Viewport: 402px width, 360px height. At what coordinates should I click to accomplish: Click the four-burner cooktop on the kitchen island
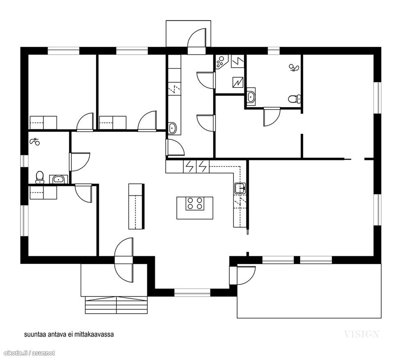[195, 204]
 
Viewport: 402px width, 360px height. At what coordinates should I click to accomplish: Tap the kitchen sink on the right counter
[240, 188]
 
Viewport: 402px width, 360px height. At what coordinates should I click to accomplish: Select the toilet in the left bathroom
[39, 177]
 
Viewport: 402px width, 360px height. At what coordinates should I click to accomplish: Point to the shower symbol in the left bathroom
[34, 141]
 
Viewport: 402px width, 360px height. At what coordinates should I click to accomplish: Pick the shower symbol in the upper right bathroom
[294, 68]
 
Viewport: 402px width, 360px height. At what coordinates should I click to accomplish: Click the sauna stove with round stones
[221, 62]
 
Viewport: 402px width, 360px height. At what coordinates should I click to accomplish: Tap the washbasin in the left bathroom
[59, 179]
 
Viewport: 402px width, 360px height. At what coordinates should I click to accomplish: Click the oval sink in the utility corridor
[172, 128]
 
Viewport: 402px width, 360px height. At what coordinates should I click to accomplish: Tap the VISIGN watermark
[361, 334]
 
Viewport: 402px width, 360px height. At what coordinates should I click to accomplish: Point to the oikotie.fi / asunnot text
[29, 353]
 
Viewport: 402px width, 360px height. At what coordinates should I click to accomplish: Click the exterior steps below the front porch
[116, 305]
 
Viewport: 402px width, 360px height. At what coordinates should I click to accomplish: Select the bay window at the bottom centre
[192, 293]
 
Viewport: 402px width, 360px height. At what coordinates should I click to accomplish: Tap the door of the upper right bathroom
[272, 117]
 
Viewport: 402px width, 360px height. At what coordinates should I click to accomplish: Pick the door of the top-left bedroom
[85, 122]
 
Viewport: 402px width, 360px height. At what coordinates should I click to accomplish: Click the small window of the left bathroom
[23, 161]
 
